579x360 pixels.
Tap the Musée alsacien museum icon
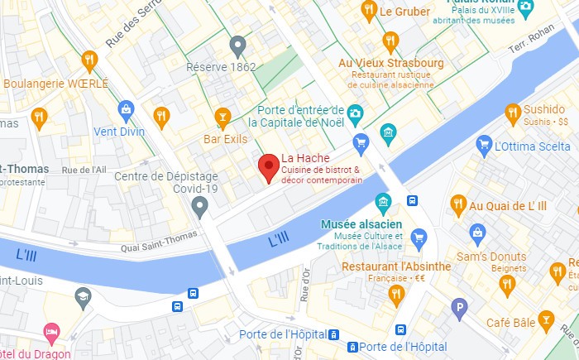click(x=382, y=201)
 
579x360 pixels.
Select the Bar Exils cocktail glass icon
click(x=222, y=118)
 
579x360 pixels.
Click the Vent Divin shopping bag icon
click(x=126, y=108)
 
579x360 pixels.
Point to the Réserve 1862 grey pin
click(x=238, y=45)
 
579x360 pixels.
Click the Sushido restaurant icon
click(x=513, y=111)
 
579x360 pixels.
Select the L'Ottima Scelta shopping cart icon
click(x=485, y=146)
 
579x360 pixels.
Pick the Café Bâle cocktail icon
click(x=545, y=320)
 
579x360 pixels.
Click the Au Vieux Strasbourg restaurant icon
click(x=390, y=41)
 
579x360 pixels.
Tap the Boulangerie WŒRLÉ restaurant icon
click(x=89, y=60)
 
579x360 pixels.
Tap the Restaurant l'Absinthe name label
click(x=396, y=266)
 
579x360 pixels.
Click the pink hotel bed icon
click(x=51, y=332)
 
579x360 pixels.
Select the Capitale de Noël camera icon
click(x=356, y=112)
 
